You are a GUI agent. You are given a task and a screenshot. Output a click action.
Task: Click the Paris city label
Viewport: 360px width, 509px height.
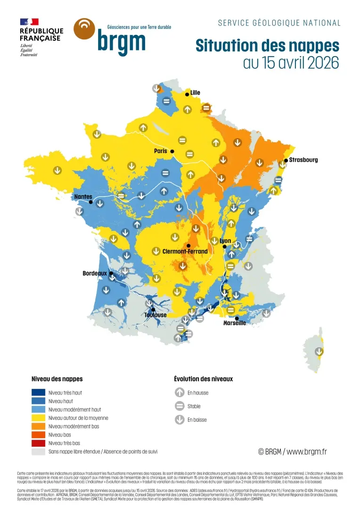pos(161,151)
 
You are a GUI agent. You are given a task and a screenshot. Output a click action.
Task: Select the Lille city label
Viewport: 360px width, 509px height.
pos(195,92)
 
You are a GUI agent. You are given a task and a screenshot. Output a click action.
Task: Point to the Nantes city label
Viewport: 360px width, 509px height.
pos(83,197)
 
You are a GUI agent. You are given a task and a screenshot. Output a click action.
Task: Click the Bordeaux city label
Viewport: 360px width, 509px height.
pos(95,273)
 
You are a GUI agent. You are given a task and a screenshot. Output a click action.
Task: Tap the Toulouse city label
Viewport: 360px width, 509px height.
pos(155,315)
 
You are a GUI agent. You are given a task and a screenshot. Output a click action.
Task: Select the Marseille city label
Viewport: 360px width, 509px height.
pos(235,323)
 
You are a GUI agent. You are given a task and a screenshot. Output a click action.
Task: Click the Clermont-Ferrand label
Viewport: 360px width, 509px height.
pos(185,252)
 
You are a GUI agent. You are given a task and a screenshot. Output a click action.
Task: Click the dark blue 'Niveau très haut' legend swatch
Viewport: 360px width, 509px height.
pos(39,393)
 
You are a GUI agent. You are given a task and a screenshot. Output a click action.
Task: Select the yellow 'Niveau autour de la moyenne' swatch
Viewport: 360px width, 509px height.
pos(39,418)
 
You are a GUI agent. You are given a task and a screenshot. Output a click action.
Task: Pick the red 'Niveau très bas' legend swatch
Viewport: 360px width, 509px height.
pos(39,443)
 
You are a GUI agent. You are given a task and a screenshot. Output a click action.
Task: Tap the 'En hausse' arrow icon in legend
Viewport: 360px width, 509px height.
pos(180,393)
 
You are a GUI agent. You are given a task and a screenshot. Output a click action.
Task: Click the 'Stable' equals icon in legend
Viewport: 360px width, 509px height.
pos(180,406)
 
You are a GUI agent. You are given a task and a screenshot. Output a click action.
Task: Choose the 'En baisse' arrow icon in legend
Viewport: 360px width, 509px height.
pos(180,420)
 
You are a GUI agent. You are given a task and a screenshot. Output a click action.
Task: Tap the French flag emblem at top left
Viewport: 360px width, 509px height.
pos(29,22)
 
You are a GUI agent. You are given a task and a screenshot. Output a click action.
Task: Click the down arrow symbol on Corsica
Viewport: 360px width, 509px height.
pos(319,351)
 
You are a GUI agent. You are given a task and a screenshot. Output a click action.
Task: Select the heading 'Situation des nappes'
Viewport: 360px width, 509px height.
pos(267,46)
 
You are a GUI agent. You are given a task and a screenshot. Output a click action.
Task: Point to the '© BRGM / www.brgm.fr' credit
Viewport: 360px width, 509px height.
pos(292,452)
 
